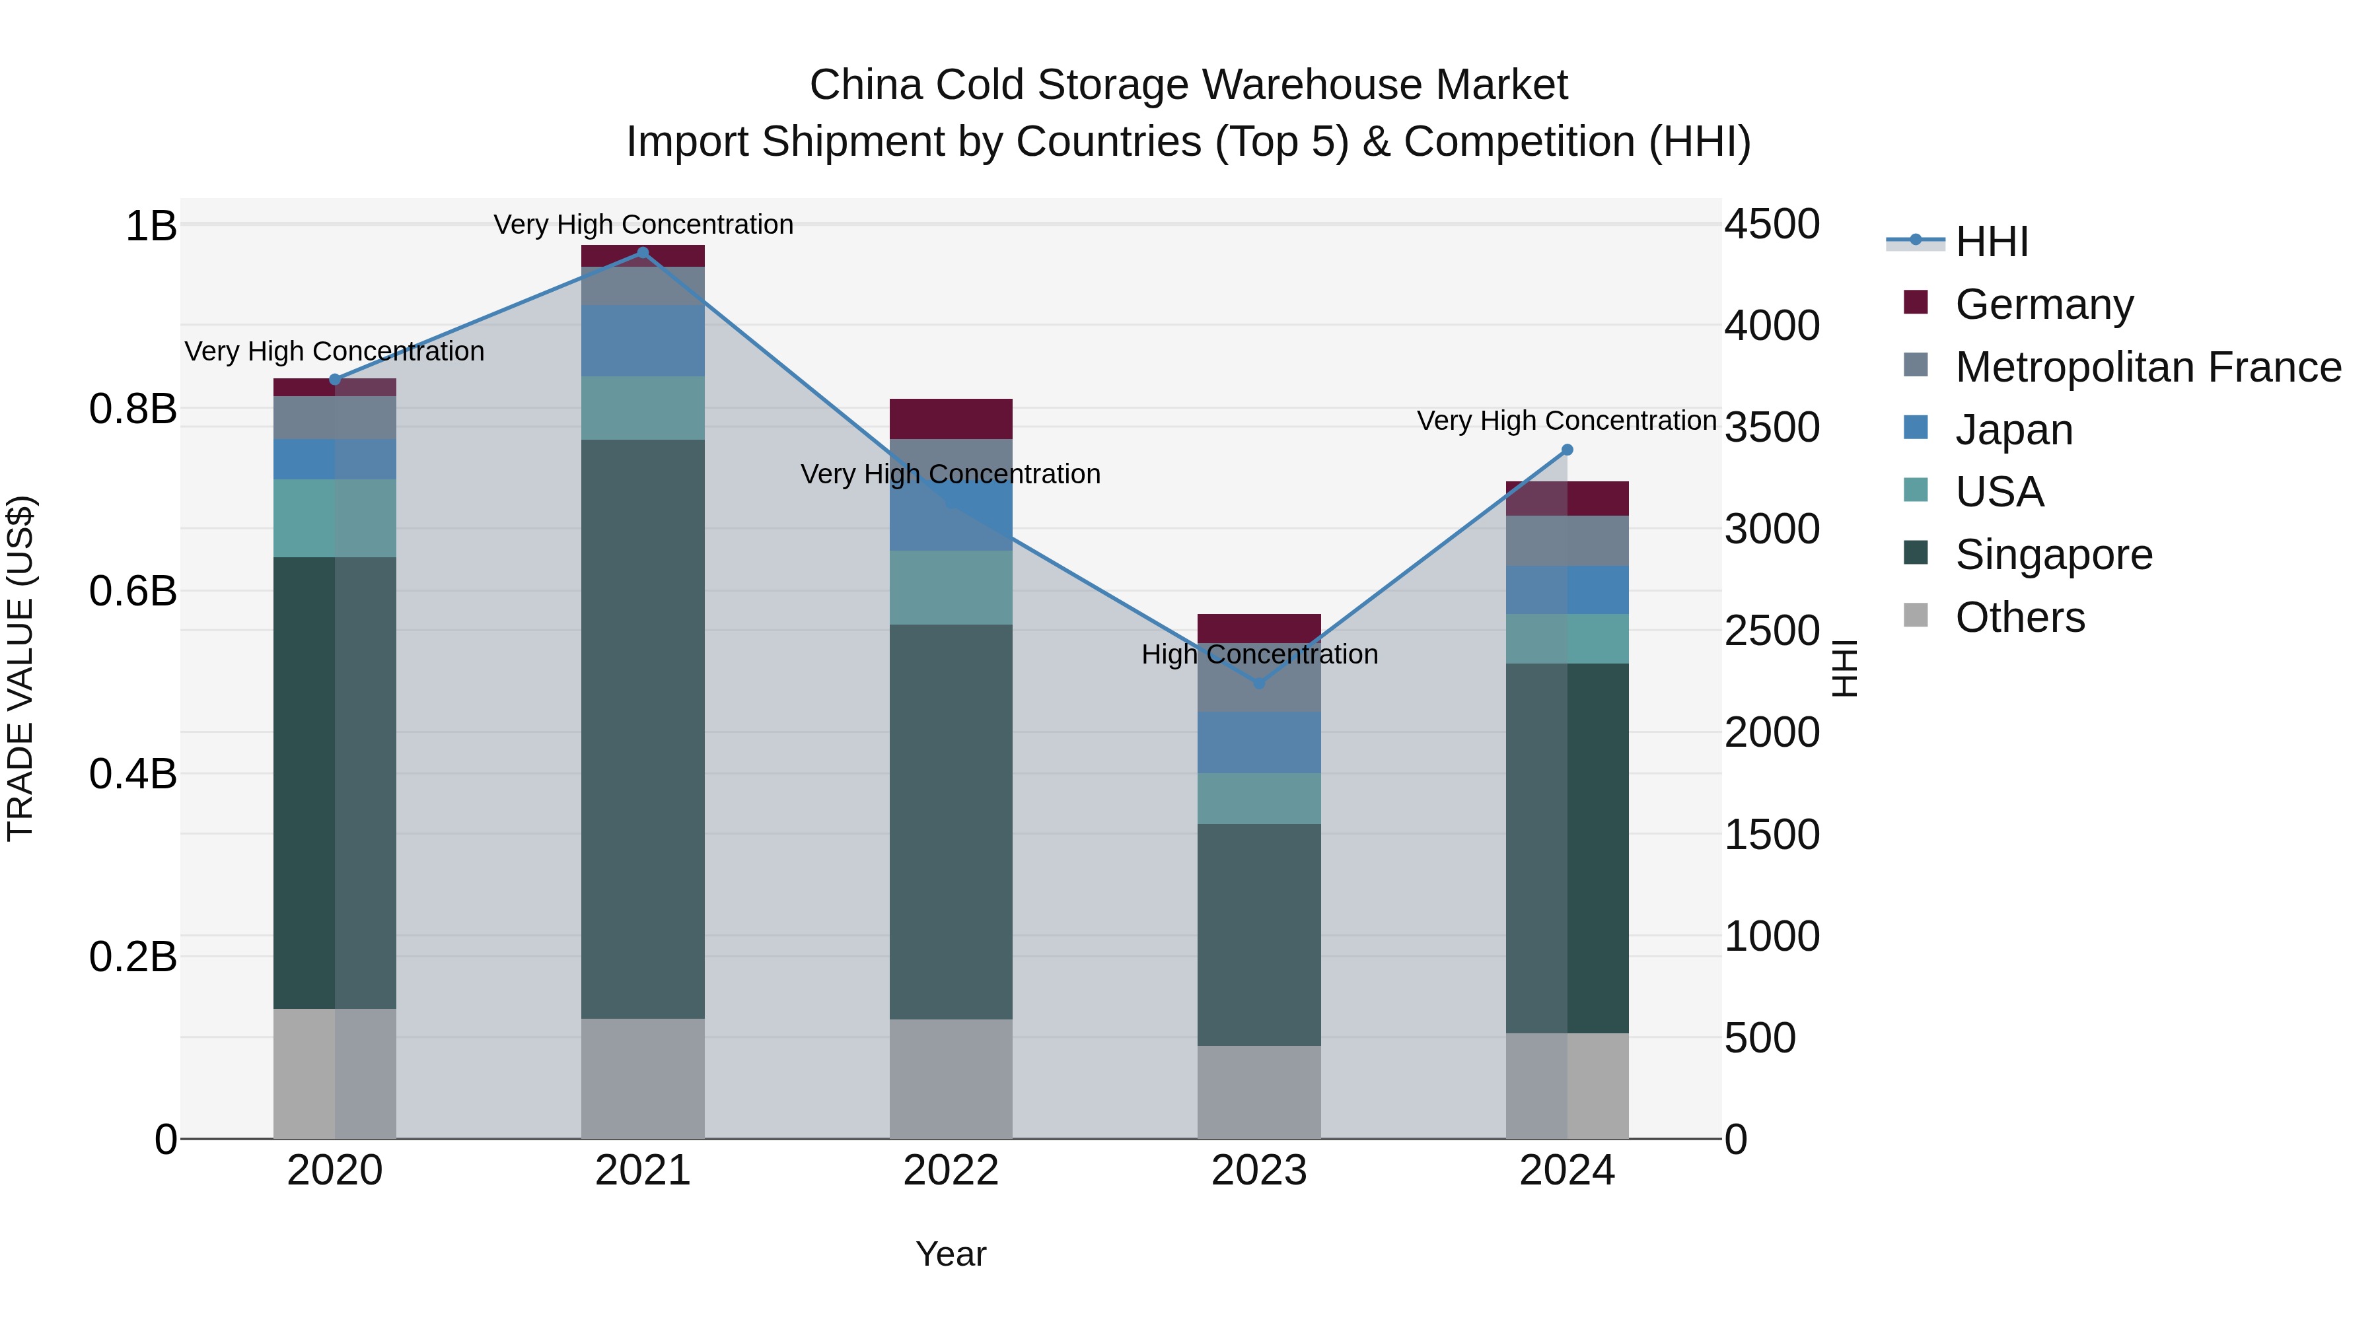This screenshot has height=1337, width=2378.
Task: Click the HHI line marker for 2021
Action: coord(643,252)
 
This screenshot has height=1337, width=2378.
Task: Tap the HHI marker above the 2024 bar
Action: coord(1567,450)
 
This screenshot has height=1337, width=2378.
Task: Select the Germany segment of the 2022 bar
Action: coord(951,418)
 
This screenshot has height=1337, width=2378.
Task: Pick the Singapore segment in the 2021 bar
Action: coord(643,729)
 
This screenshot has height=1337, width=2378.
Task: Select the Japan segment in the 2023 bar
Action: coord(1258,742)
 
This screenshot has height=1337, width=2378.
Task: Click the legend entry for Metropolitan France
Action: coord(2147,367)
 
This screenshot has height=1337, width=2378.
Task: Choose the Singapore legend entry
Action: coord(2053,555)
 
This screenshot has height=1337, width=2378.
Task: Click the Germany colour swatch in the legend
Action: coord(1916,302)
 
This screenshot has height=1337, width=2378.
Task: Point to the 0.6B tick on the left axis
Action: coord(133,590)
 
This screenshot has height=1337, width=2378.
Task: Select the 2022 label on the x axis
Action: coord(951,1171)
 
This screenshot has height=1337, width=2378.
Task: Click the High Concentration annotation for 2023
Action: coord(1258,654)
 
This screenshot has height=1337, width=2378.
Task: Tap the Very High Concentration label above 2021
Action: coord(643,224)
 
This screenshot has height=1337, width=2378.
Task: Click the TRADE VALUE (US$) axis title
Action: coord(20,668)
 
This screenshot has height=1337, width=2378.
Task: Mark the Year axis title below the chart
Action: coord(951,1254)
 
